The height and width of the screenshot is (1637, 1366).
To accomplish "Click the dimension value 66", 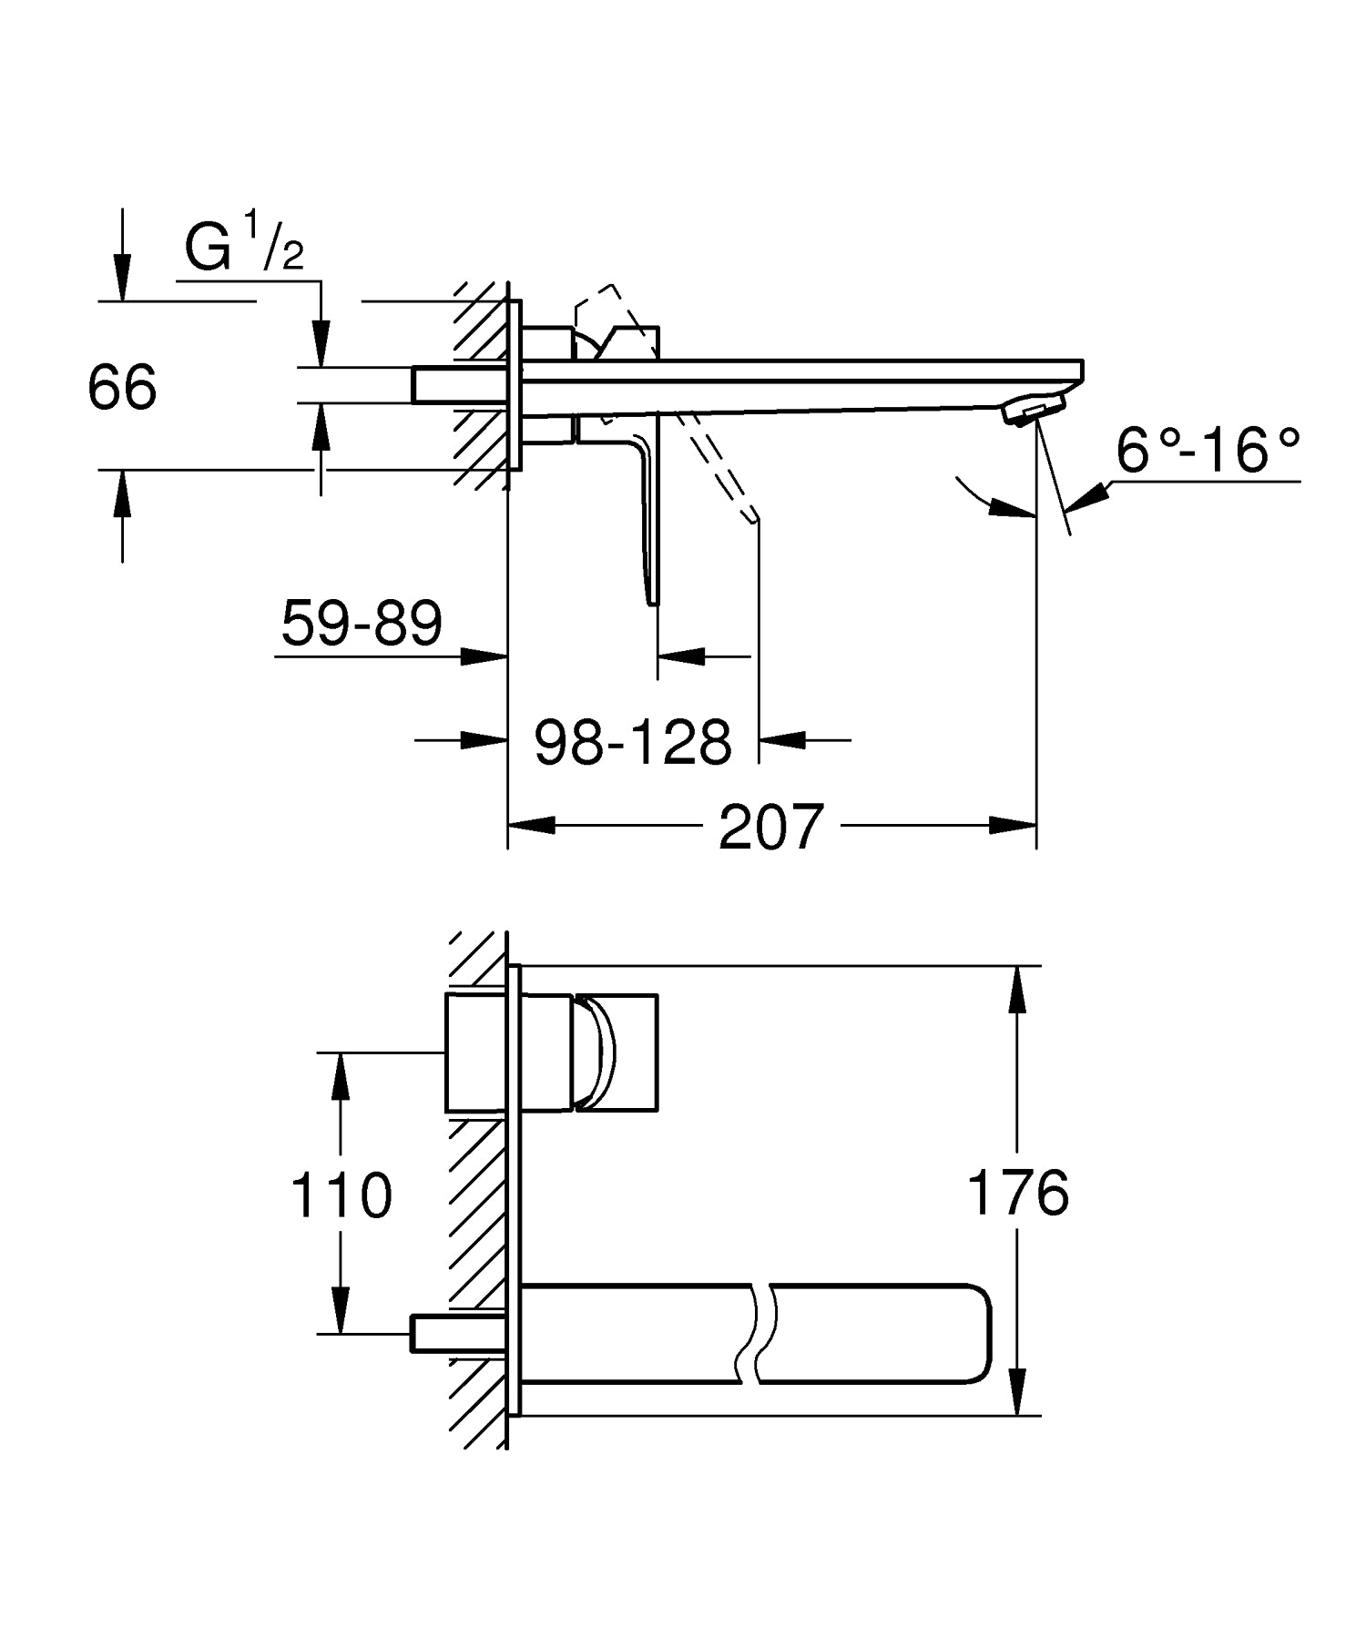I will (122, 387).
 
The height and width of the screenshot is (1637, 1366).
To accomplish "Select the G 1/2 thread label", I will (243, 248).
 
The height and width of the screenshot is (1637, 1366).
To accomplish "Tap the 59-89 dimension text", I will (362, 624).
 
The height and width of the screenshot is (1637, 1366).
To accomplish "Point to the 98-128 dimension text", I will (633, 742).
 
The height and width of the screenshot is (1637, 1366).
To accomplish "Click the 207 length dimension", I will (770, 828).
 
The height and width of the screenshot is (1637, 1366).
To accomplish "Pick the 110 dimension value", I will (341, 1195).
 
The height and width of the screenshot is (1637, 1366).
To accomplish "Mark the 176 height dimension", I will (1017, 1193).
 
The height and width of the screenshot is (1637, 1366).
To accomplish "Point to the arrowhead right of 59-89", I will (484, 656).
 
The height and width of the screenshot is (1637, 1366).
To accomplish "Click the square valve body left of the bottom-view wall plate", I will (475, 1052).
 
